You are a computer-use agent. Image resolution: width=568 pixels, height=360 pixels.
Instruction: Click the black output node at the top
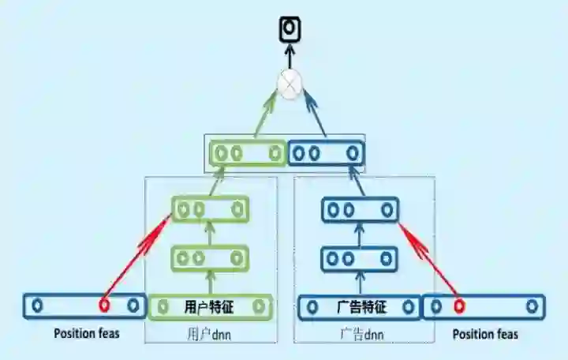[x=290, y=28]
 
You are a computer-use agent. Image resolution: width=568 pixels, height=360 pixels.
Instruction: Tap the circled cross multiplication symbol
[x=290, y=84]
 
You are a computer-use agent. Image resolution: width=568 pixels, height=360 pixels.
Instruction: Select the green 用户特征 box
[x=210, y=306]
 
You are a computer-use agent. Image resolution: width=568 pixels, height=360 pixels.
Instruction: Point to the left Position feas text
[x=87, y=333]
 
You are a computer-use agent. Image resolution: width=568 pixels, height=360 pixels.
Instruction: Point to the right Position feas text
[x=485, y=334]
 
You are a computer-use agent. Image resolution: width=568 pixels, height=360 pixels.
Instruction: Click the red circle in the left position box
[x=103, y=305]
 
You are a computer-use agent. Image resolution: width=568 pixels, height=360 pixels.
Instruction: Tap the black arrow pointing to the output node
[x=290, y=55]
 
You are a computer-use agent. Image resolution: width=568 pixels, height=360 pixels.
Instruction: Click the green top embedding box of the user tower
[x=246, y=152]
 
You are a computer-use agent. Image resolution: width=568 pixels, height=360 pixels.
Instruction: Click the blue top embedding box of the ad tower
[x=325, y=152]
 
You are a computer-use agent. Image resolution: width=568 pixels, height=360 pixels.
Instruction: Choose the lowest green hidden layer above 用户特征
[x=210, y=257]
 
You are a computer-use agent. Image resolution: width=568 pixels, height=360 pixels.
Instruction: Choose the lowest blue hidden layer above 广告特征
[x=360, y=258]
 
